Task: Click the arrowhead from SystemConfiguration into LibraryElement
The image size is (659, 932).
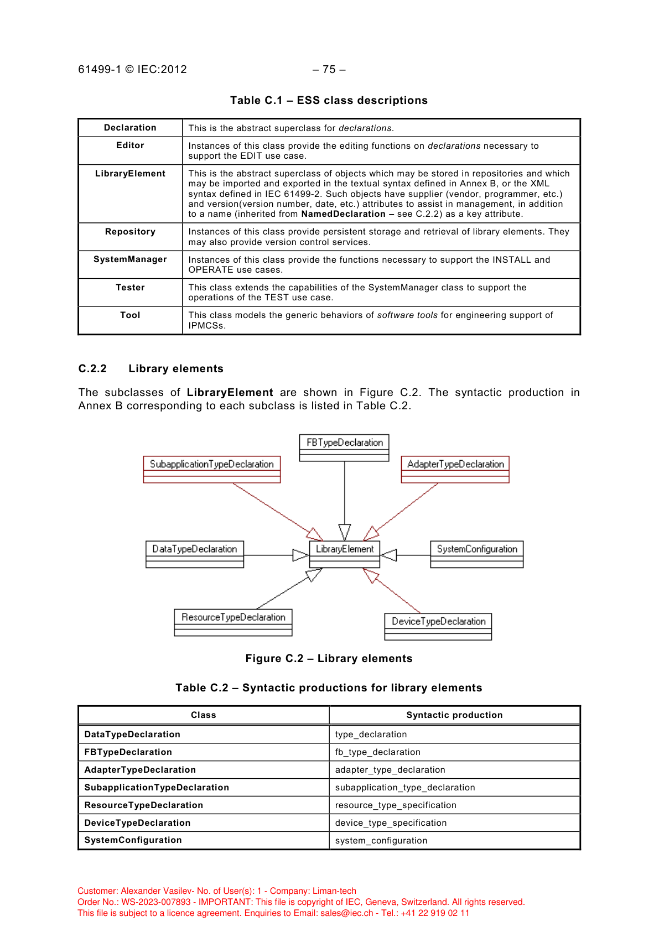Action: [x=389, y=555]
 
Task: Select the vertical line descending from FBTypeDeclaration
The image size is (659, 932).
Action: [x=344, y=492]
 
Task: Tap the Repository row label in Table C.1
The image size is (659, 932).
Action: [x=130, y=232]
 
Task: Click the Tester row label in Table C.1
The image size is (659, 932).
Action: [x=130, y=288]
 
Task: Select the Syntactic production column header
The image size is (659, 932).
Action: [x=454, y=715]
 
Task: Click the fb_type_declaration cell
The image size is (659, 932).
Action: [x=377, y=752]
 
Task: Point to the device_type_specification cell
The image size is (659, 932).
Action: [x=391, y=823]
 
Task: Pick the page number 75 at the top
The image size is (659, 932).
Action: [x=329, y=70]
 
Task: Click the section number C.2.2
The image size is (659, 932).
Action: [x=92, y=369]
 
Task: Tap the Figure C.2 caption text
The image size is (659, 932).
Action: [x=329, y=659]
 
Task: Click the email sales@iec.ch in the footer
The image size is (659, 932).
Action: [x=346, y=913]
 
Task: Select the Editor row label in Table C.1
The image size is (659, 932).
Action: [x=130, y=145]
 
